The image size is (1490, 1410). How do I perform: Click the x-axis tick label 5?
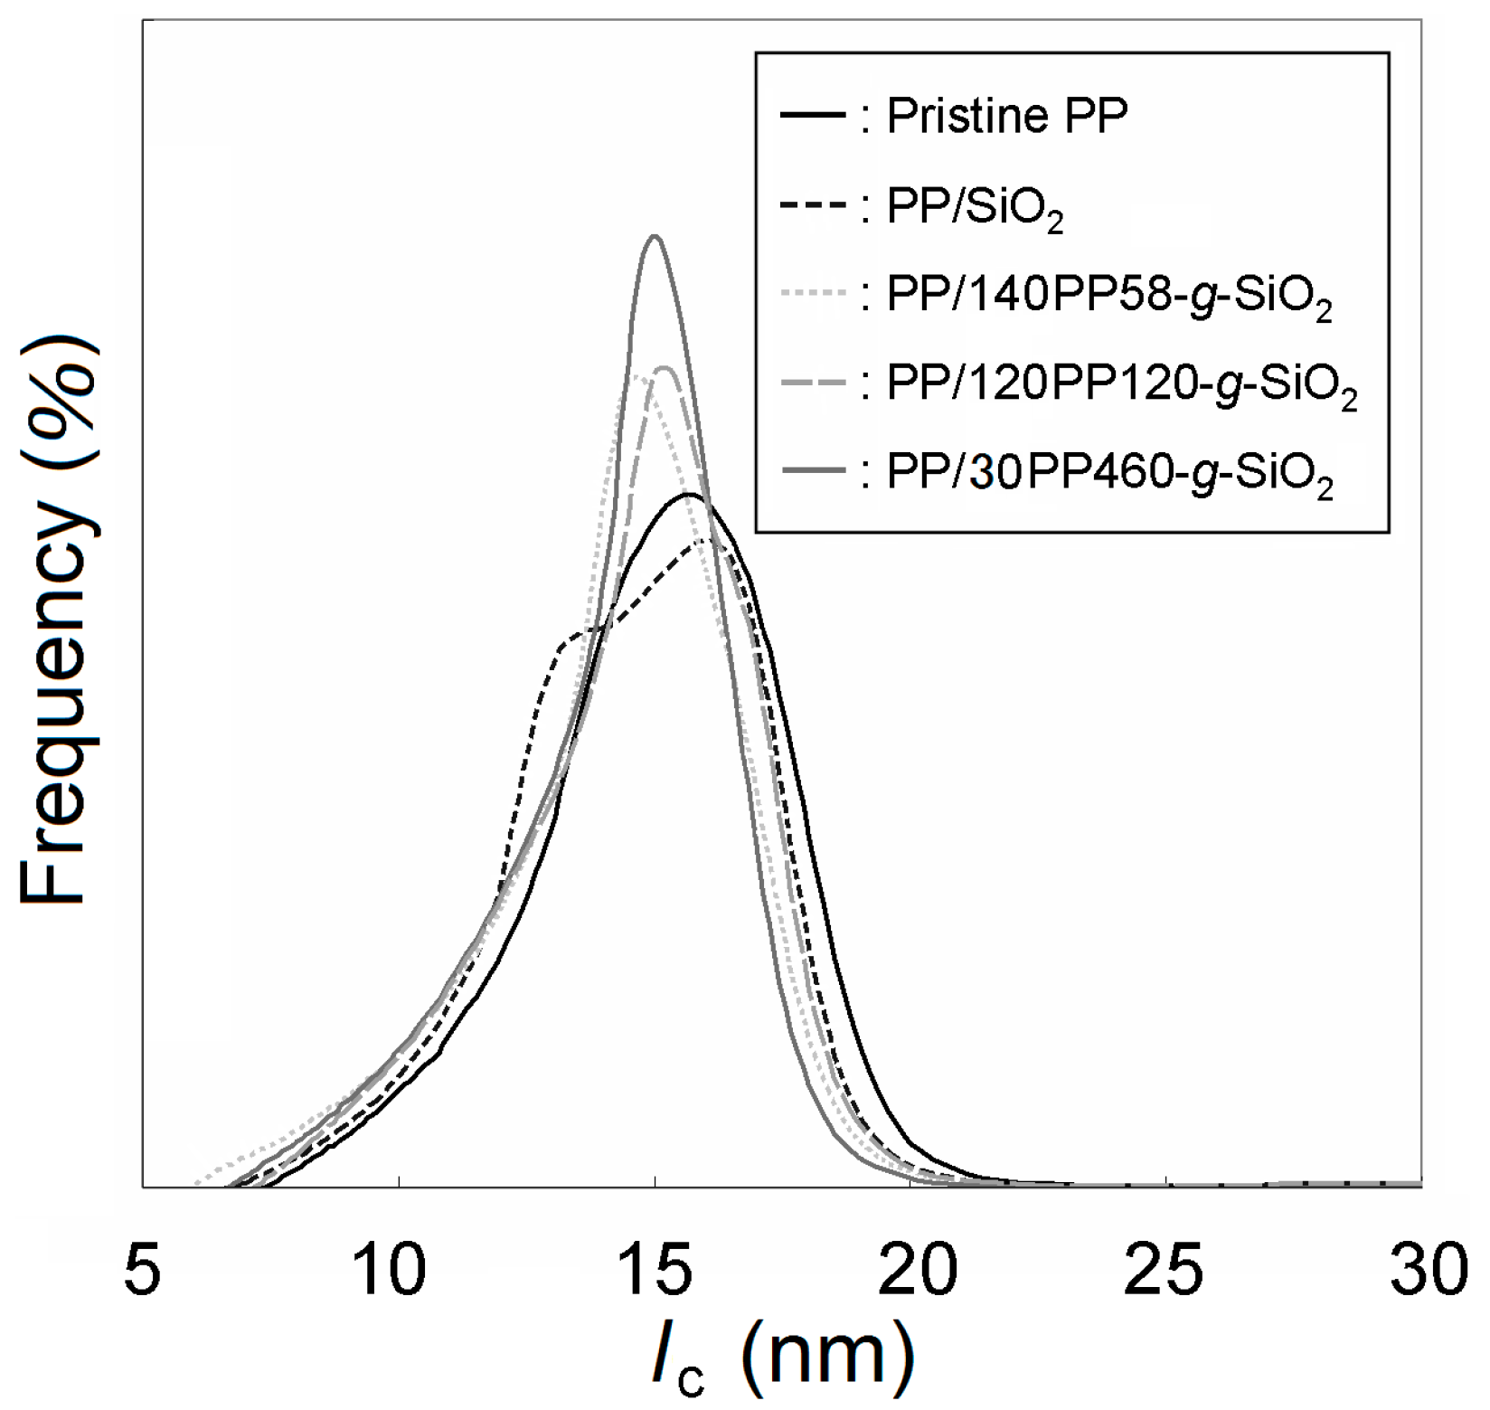pyautogui.click(x=144, y=1270)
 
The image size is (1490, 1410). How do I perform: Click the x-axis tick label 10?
pyautogui.click(x=398, y=1270)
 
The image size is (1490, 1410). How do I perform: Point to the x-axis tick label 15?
pyautogui.click(x=655, y=1270)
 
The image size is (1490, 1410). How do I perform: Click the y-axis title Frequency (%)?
pyautogui.click(x=56, y=625)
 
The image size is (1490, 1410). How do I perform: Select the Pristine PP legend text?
pyautogui.click(x=1007, y=117)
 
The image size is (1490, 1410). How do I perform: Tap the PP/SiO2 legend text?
pyautogui.click(x=975, y=209)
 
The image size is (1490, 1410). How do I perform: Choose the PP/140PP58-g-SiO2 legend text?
pyautogui.click(x=1109, y=298)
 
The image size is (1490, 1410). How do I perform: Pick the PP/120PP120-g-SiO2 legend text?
pyautogui.click(x=1122, y=386)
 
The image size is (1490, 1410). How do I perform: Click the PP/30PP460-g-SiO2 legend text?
pyautogui.click(x=1109, y=475)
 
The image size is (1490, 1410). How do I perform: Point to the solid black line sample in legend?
pyautogui.click(x=811, y=115)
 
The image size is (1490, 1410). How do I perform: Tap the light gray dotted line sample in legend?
pyautogui.click(x=811, y=293)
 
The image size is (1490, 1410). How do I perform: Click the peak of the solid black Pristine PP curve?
pyautogui.click(x=689, y=494)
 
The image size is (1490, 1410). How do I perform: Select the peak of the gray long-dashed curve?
pyautogui.click(x=665, y=367)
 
